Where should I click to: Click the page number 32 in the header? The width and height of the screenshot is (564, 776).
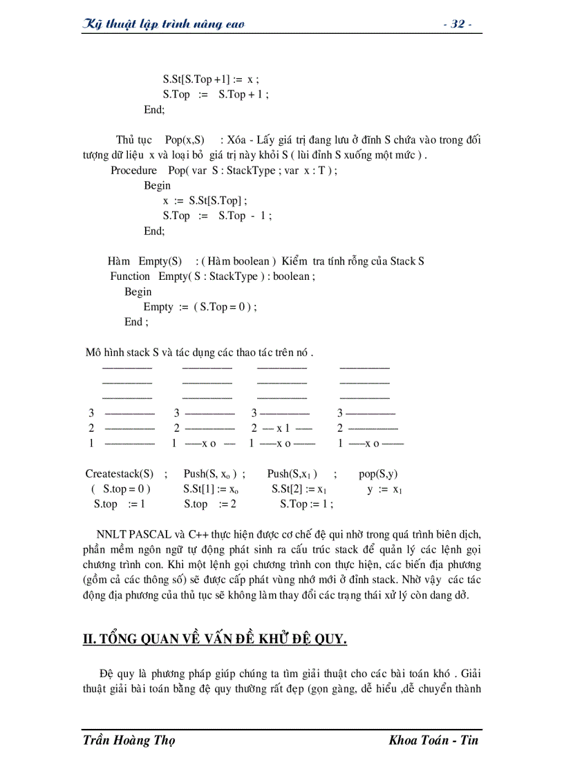457,24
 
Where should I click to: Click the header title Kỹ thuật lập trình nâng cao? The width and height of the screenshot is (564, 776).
163,24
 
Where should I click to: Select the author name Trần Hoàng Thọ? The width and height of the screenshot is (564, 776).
129,740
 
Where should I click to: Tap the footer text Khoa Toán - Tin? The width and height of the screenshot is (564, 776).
433,740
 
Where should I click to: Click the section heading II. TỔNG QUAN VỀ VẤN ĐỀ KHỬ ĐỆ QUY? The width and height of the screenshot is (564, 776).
214,638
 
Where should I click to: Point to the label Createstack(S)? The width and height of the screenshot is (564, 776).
120,473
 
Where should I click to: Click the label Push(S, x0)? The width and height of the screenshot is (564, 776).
211,473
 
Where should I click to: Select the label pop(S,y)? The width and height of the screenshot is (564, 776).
378,473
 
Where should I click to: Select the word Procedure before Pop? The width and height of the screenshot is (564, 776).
134,170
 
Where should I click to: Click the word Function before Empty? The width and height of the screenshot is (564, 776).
130,276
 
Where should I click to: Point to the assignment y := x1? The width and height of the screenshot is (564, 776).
384,489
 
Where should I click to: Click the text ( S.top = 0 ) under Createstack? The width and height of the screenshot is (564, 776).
120,489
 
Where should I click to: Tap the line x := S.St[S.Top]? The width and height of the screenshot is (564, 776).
205,200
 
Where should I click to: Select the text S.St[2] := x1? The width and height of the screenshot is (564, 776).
299,489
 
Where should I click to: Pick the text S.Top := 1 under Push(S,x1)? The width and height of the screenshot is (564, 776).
306,504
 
